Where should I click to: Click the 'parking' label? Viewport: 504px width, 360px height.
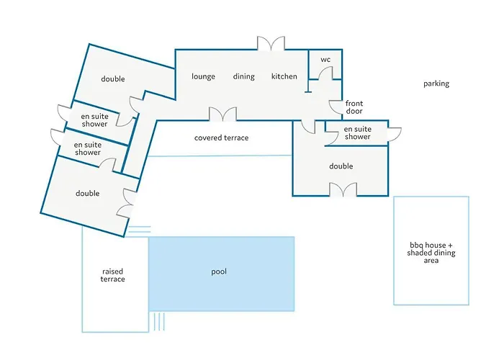click(x=436, y=84)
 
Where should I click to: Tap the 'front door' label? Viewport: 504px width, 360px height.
click(x=354, y=107)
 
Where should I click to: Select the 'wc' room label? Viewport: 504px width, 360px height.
click(x=325, y=60)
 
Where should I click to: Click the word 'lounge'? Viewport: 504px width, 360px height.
click(x=203, y=76)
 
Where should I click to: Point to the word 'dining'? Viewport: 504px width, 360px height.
click(x=243, y=76)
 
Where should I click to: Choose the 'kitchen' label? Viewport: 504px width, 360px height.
click(x=284, y=76)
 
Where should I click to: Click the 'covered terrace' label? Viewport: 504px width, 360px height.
click(x=221, y=138)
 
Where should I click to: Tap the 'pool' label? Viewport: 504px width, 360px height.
click(x=219, y=271)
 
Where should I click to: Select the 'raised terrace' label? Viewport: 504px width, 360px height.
click(x=112, y=275)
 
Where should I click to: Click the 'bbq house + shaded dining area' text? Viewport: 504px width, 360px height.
click(x=431, y=253)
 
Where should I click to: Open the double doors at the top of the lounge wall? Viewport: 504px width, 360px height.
click(x=271, y=43)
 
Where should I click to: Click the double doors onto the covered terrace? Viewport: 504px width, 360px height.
click(x=222, y=114)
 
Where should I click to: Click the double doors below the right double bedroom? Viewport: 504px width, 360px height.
click(x=343, y=189)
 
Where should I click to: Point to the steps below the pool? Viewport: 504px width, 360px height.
click(x=159, y=321)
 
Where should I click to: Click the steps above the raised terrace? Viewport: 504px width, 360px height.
click(x=139, y=230)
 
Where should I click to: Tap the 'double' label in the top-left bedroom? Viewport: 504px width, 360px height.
click(x=113, y=78)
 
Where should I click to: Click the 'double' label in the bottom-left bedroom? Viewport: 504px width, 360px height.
click(x=87, y=193)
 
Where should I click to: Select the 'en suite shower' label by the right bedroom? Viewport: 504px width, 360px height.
click(x=357, y=132)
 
